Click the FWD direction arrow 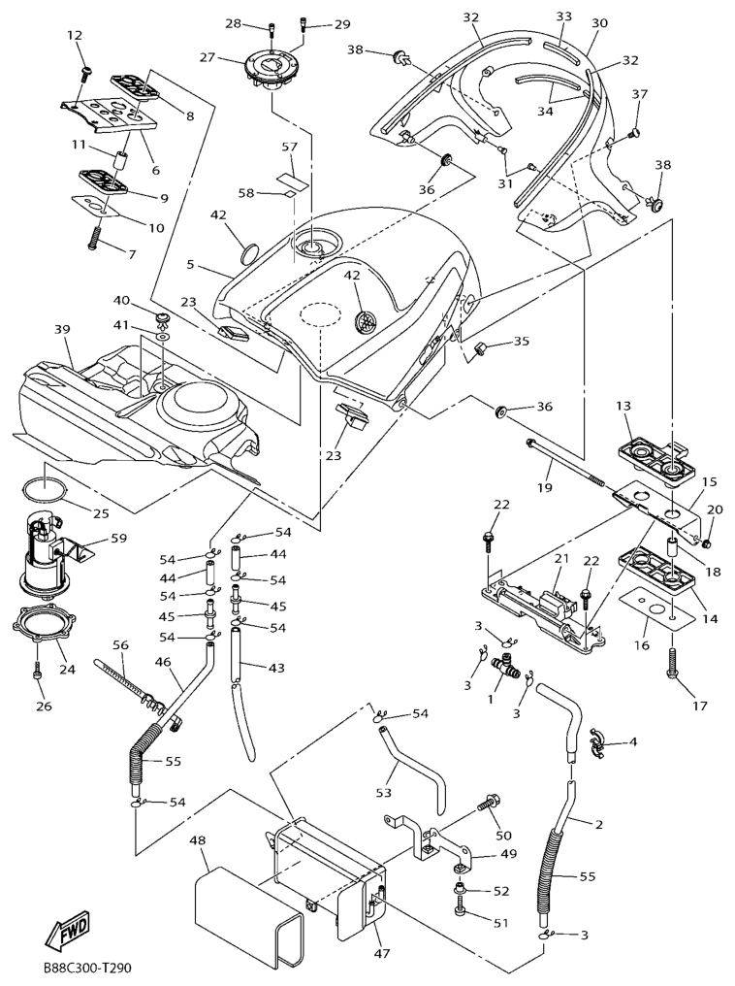(67, 934)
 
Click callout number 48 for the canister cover (198, 839)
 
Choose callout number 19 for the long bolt (545, 488)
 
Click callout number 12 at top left (75, 36)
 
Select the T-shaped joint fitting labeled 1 (506, 667)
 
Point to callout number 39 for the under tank (63, 330)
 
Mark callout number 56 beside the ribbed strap (120, 644)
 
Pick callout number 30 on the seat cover (599, 22)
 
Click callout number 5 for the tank (190, 263)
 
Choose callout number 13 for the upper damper (623, 405)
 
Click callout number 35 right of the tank (522, 341)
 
